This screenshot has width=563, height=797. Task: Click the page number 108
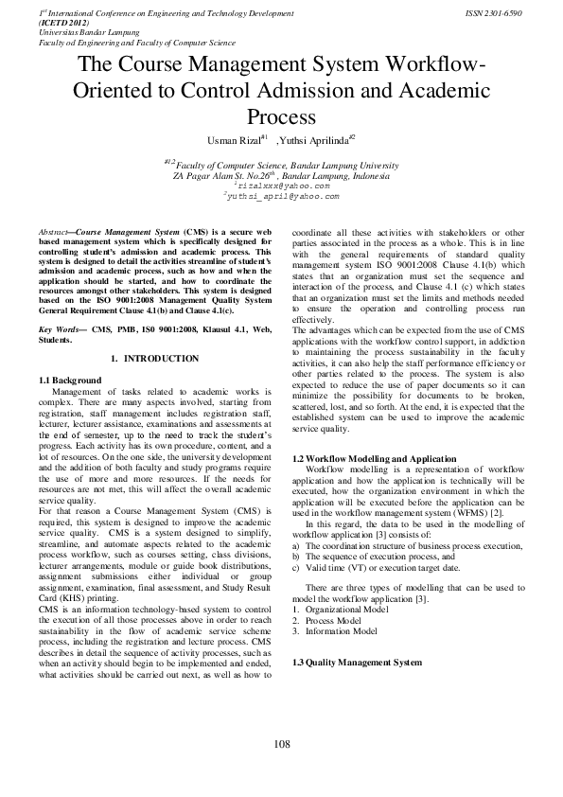tap(281, 745)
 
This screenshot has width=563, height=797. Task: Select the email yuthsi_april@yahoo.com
tap(283, 197)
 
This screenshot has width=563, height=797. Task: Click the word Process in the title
tap(281, 116)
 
